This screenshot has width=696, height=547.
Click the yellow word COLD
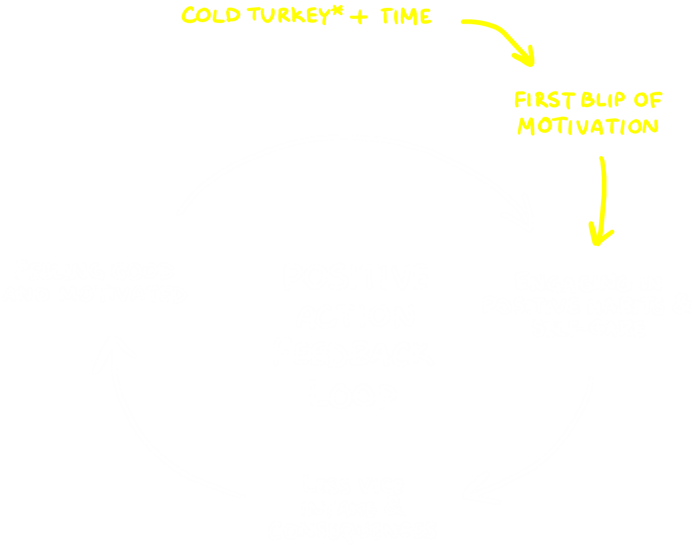coord(211,15)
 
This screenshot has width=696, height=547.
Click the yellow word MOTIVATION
coord(588,126)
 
